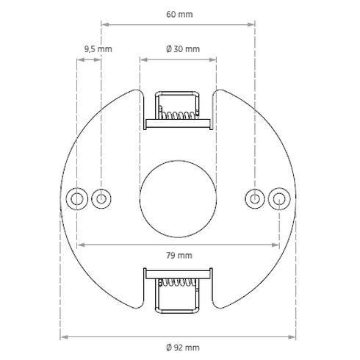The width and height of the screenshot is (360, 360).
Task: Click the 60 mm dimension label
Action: tap(179, 13)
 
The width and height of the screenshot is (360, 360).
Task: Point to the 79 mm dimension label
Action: tap(179, 256)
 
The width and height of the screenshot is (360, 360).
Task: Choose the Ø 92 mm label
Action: tap(179, 347)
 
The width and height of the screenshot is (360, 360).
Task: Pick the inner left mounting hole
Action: tap(101, 198)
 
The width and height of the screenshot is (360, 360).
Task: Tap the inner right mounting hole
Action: tap(255, 198)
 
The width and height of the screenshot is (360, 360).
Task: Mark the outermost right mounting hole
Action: tap(279, 198)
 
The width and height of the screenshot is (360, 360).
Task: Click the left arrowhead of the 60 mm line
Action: tap(104, 24)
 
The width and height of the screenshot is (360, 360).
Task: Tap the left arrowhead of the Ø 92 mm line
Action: tap(63, 337)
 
